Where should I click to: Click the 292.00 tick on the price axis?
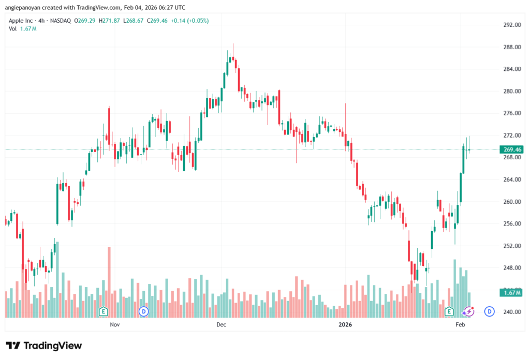coord(511,25)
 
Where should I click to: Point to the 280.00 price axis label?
coord(511,91)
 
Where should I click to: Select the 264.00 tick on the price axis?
coord(511,179)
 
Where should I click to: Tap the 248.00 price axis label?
coord(511,268)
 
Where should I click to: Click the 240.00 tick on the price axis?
coord(511,312)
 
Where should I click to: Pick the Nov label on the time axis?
coord(115,325)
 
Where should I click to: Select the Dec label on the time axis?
coord(221,325)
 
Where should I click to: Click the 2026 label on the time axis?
coord(345,325)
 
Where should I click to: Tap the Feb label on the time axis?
coord(460,325)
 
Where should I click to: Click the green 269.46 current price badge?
coord(511,150)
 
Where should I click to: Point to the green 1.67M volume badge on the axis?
coord(511,293)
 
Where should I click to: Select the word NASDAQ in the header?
coord(60,21)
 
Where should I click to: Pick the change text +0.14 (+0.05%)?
coord(189,21)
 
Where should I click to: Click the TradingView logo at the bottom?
coord(44,346)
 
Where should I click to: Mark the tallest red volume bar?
coord(109,282)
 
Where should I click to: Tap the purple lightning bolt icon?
coord(469,311)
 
